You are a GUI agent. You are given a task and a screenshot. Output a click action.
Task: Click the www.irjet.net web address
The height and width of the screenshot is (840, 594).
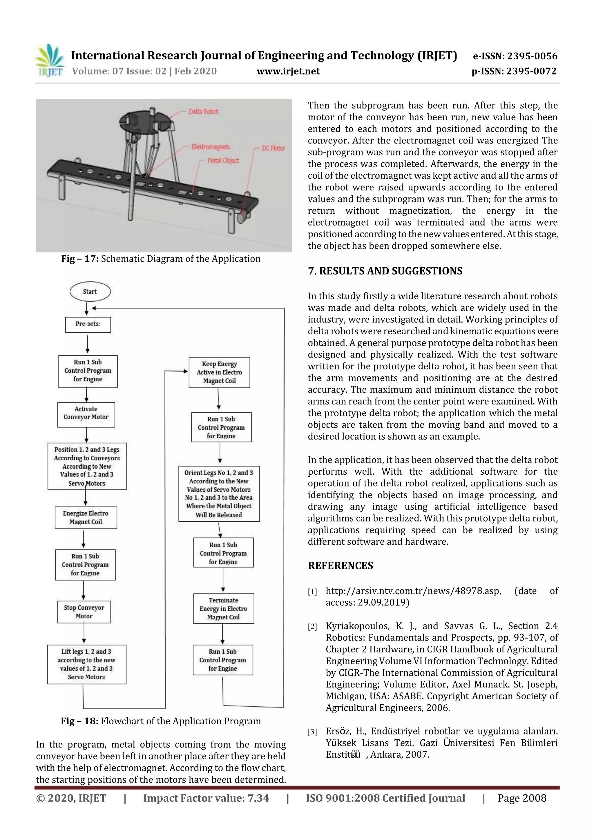tap(288, 71)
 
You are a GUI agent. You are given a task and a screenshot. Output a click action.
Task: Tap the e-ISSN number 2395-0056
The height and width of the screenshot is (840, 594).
tap(532, 56)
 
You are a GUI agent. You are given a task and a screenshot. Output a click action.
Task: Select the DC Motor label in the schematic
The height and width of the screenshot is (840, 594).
tap(273, 148)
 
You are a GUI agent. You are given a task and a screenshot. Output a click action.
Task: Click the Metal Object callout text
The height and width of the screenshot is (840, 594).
tap(223, 161)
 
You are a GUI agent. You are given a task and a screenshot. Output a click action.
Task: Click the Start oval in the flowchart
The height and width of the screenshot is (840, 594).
tap(90, 292)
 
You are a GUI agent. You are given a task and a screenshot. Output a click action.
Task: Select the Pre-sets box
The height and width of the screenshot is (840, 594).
tap(88, 324)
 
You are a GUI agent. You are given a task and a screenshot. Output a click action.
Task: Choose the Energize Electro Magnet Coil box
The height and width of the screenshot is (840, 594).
tap(86, 517)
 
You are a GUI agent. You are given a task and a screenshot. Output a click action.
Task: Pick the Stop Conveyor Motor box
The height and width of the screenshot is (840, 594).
tap(84, 612)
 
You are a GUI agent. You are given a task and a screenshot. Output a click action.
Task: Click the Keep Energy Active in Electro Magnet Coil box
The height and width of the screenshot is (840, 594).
tap(219, 372)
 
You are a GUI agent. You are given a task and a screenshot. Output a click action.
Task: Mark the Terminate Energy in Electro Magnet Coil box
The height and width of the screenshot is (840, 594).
tap(223, 608)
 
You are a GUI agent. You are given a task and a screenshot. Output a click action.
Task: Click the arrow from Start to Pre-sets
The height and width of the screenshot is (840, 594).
tap(87, 309)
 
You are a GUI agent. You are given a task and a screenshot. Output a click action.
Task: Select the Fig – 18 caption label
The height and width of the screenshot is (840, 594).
tap(79, 721)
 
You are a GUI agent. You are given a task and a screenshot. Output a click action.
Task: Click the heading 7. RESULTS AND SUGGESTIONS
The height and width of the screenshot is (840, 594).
tap(385, 271)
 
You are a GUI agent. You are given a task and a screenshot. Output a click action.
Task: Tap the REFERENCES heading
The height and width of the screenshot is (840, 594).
tap(341, 566)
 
